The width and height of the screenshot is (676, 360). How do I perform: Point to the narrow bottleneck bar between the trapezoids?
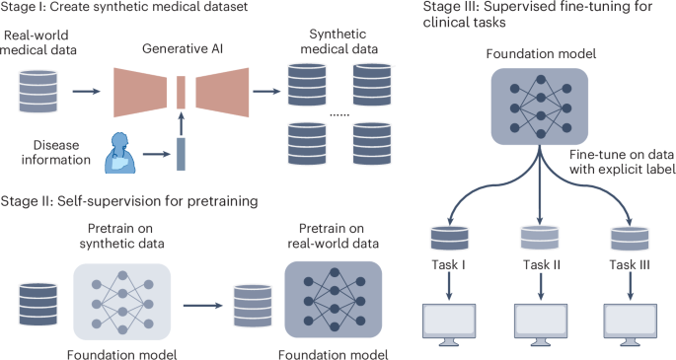[x=181, y=92]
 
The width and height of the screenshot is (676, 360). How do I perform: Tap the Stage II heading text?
[x=129, y=201]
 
